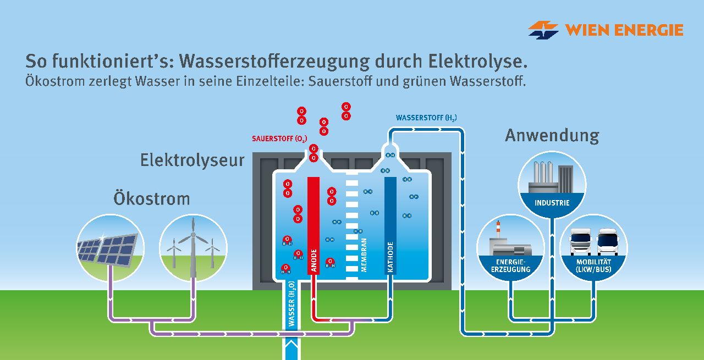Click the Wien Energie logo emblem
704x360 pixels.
[x=543, y=30]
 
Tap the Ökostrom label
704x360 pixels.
[x=151, y=198]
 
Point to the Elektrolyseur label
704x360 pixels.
[x=192, y=160]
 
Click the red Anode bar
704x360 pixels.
[x=313, y=225]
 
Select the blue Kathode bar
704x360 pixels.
[x=391, y=225]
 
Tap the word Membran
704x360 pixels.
[x=364, y=255]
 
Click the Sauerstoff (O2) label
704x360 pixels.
[x=279, y=139]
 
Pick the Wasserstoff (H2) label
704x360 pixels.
[x=426, y=118]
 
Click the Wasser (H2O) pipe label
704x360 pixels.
[x=291, y=303]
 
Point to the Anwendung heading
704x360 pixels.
[x=552, y=136]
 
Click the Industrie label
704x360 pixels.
[x=552, y=203]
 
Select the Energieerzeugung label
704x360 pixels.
[x=511, y=266]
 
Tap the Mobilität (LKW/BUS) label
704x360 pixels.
[x=593, y=266]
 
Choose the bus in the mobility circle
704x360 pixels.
[x=608, y=242]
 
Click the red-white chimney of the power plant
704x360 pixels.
[x=498, y=230]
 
